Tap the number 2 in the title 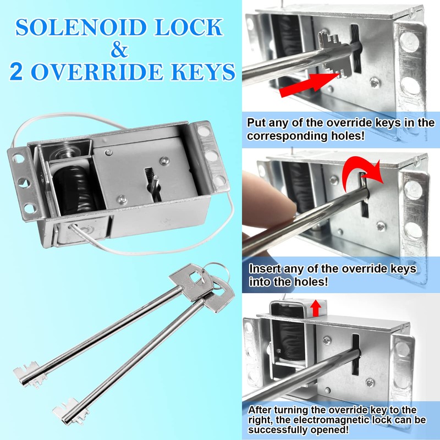coord(16,73)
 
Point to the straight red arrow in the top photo coord(308,86)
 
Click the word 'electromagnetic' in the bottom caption coord(320,420)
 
